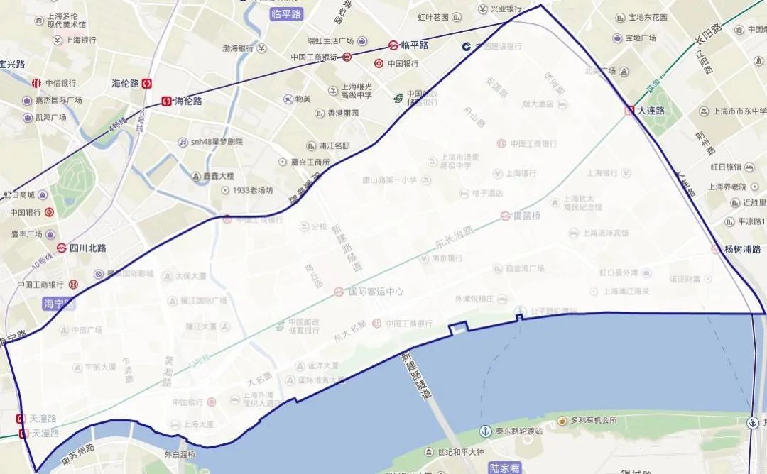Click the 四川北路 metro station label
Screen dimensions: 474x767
pyautogui.click(x=87, y=248)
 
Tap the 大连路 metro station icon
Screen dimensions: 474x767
pyautogui.click(x=630, y=111)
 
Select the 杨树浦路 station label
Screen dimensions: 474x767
pyautogui.click(x=742, y=249)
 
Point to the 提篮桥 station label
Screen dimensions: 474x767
pyautogui.click(x=528, y=216)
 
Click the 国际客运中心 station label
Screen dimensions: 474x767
pyautogui.click(x=376, y=292)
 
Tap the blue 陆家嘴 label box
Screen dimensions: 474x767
pyautogui.click(x=505, y=468)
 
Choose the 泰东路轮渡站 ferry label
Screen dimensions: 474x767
pyautogui.click(x=519, y=431)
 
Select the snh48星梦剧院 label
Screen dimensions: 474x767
pyautogui.click(x=216, y=142)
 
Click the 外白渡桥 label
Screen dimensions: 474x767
pyautogui.click(x=180, y=454)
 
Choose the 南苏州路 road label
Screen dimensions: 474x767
pyautogui.click(x=78, y=453)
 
